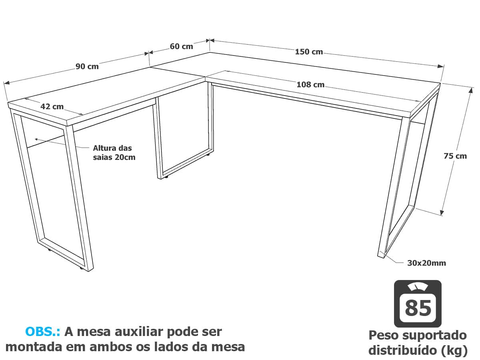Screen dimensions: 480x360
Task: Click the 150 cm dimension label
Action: [x=309, y=52]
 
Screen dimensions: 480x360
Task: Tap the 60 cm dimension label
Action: [x=181, y=46]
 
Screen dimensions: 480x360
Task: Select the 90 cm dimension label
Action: [x=87, y=66]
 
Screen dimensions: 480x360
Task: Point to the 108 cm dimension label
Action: [x=310, y=84]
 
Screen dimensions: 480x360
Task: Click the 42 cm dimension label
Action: [x=52, y=106]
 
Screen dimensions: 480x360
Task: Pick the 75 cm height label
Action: [x=455, y=156]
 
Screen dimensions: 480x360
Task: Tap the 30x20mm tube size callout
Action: [x=426, y=263]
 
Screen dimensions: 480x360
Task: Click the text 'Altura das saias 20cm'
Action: [x=114, y=152]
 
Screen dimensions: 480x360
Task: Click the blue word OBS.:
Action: [x=43, y=332]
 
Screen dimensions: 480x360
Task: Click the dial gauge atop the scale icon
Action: [x=418, y=287]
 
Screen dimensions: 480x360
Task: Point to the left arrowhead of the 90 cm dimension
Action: [x=6, y=83]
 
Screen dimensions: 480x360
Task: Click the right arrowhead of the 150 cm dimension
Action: [x=441, y=66]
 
